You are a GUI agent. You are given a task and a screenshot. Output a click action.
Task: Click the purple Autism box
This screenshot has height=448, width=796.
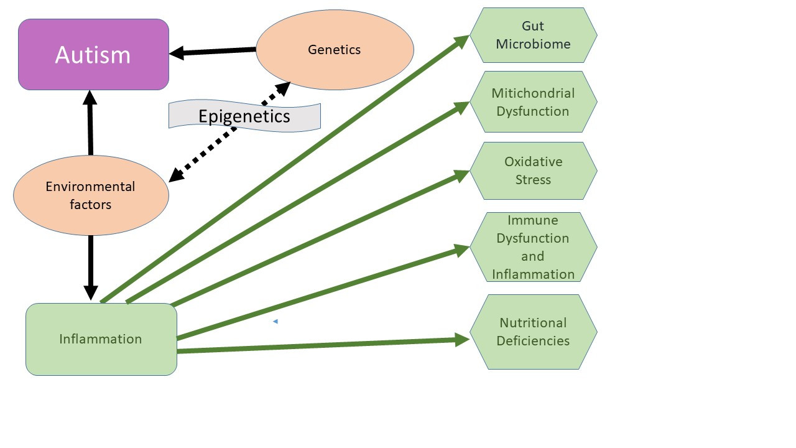93,55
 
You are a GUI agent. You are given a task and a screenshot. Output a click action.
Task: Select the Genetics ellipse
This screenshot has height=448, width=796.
335,50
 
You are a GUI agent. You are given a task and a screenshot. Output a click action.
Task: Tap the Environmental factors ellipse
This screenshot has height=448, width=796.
91,195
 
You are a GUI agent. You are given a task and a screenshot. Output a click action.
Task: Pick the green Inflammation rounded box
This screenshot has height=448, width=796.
101,339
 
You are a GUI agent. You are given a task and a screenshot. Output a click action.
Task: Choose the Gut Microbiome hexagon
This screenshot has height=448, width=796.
533,35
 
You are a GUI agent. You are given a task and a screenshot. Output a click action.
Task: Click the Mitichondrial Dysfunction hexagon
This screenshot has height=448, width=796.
533,102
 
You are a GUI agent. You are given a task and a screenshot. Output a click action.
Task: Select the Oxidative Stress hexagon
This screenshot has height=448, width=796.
533,170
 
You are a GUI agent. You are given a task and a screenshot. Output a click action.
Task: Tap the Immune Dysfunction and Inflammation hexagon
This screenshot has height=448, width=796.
533,247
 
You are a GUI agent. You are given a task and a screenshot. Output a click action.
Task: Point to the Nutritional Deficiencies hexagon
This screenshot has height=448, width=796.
533,332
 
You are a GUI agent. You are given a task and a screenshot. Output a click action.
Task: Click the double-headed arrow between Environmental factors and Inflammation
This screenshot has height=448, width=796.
91,268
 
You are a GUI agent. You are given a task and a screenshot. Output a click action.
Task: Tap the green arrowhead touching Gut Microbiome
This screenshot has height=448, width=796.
462,41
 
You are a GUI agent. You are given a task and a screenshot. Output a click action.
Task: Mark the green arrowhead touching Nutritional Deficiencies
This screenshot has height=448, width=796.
462,339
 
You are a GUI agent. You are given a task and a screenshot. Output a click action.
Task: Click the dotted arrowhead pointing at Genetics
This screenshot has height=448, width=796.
282,89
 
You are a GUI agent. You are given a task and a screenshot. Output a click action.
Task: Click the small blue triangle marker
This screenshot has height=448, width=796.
275,322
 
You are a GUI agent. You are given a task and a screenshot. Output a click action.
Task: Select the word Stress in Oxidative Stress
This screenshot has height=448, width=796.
533,179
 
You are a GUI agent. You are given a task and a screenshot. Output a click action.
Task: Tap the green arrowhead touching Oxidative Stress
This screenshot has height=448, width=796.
462,175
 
